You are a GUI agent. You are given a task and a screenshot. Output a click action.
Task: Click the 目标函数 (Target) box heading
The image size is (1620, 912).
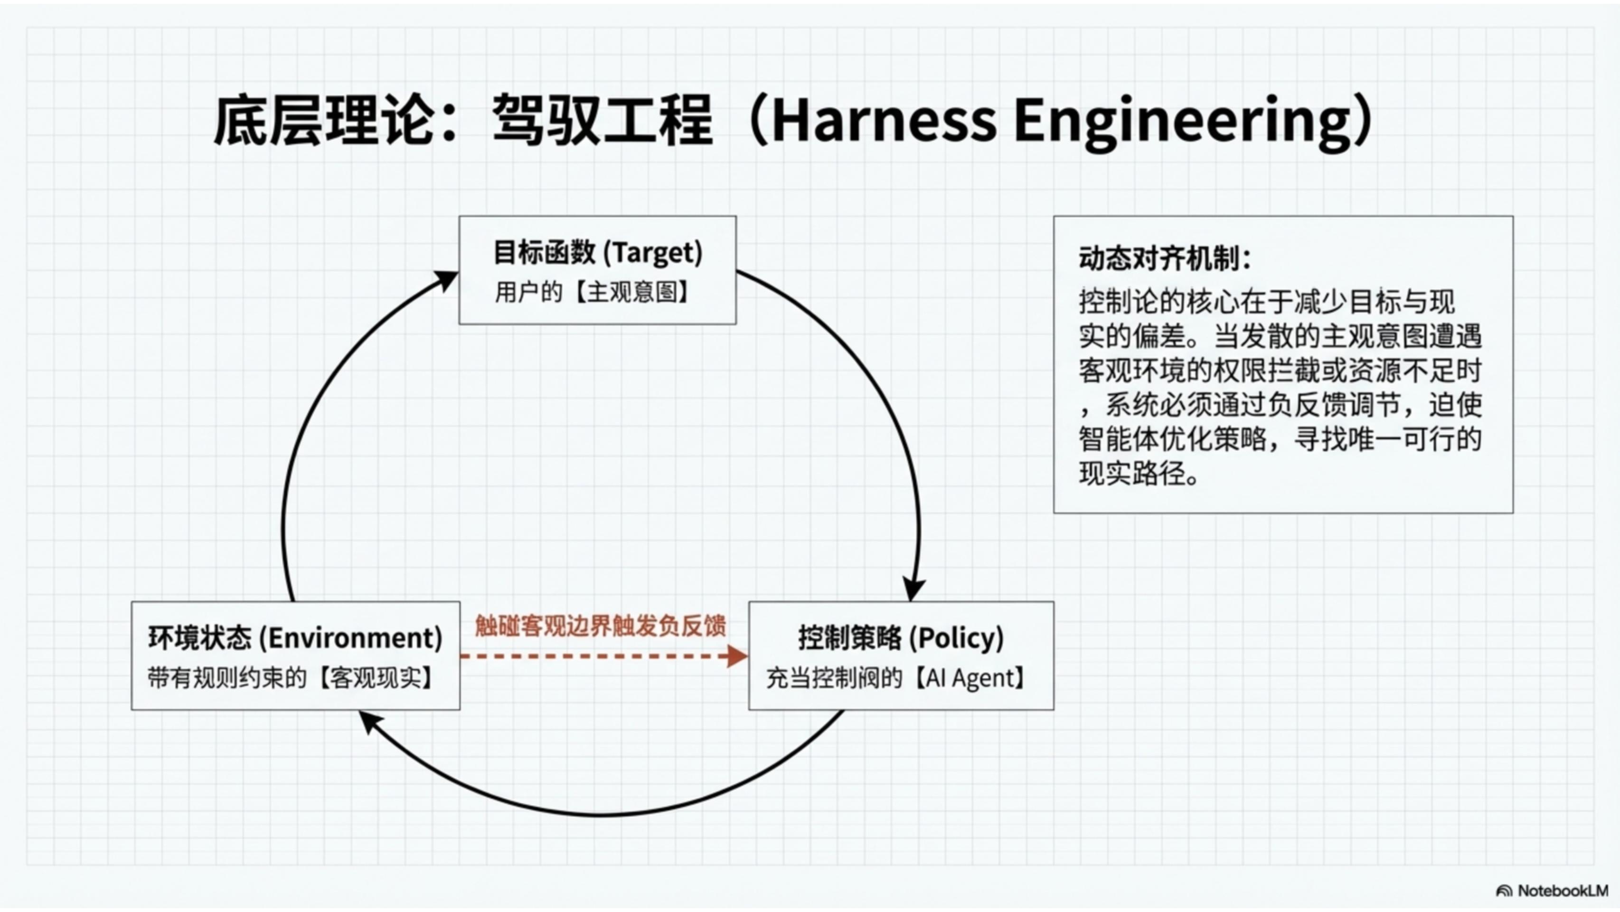(597, 253)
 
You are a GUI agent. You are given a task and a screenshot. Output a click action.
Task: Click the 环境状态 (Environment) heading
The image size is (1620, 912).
(295, 638)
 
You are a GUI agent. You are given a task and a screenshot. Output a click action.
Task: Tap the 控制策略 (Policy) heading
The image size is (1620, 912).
(901, 638)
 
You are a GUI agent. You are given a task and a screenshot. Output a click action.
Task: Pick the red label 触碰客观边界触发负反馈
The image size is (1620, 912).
(601, 626)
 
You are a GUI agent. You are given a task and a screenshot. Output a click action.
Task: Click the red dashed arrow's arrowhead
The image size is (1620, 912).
(737, 656)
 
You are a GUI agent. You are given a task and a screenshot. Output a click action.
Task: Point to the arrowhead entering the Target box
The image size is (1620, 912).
(446, 279)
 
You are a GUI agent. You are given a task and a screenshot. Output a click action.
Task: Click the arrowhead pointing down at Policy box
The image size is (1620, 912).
(913, 590)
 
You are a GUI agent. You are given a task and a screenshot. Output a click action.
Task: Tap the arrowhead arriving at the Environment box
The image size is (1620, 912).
(369, 722)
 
